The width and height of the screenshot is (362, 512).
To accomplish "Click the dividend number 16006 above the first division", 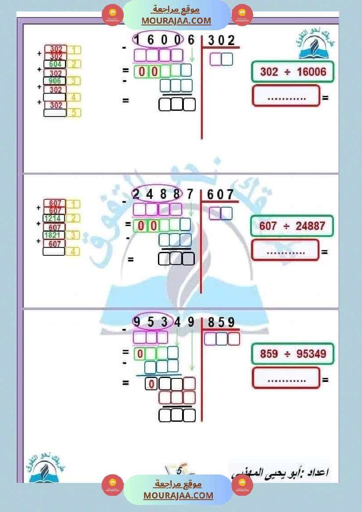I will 163,40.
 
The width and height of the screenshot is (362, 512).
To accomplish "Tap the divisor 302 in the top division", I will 221,40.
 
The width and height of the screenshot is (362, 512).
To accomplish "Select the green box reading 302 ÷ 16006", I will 293,71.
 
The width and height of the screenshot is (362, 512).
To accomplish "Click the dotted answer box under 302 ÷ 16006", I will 286,96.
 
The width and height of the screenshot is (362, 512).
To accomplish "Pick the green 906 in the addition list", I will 55,81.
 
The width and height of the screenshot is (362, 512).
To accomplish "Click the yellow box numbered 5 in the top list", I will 74,113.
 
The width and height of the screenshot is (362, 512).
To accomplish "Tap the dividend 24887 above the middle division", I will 162,194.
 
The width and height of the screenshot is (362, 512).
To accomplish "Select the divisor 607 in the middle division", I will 220,194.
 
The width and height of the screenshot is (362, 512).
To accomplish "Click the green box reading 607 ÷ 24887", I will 292,226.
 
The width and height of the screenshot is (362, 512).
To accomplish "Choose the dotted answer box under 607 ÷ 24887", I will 285,250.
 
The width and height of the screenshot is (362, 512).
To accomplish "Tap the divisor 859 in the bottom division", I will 221,323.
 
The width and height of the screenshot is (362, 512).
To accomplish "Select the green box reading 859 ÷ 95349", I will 293,353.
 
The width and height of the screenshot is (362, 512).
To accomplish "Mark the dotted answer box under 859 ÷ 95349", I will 286,378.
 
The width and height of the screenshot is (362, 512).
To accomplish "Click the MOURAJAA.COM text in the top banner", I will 176,21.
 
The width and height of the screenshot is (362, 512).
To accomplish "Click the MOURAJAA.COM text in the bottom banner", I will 178,495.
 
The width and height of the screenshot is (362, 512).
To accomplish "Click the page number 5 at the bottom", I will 179,471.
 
